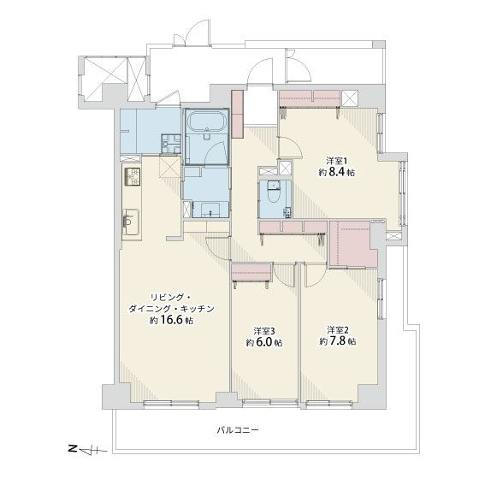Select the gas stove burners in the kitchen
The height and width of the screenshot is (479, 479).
pyautogui.click(x=133, y=178)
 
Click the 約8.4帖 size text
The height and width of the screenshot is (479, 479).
pyautogui.click(x=336, y=173)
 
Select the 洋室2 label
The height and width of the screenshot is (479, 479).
pyautogui.click(x=337, y=328)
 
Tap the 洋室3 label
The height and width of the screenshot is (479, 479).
pyautogui.click(x=263, y=330)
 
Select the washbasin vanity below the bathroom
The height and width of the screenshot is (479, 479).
pyautogui.click(x=208, y=207)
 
